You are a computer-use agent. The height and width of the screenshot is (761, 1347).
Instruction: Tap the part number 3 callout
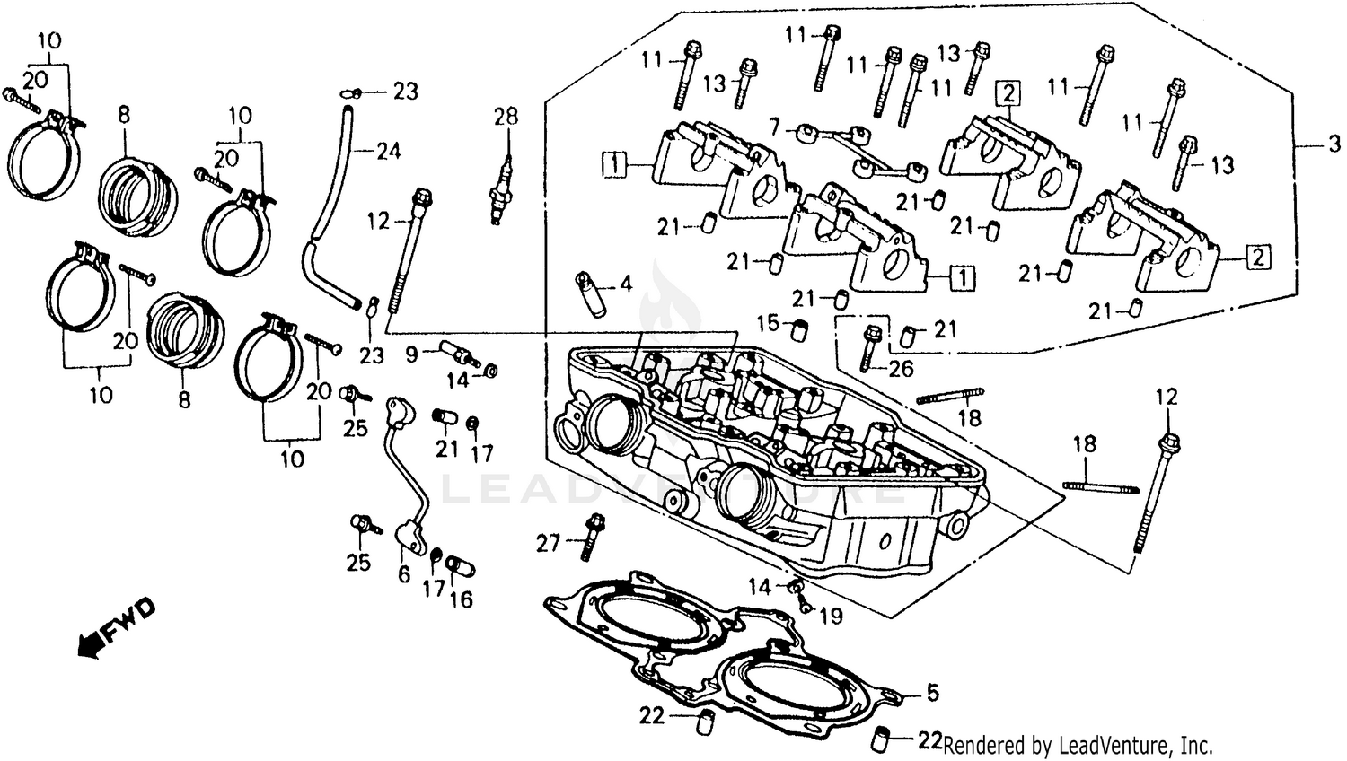coord(1334,144)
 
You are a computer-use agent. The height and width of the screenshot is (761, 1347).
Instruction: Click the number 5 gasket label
coord(933,692)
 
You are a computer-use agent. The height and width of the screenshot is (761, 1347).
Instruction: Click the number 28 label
coord(506,116)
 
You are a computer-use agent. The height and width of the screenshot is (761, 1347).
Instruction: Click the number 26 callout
coord(901,368)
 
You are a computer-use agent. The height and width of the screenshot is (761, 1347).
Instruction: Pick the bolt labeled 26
coord(869,349)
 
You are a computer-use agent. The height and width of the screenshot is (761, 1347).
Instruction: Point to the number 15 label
coord(768,322)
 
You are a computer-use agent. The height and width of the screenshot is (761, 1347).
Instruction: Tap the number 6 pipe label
coord(404,574)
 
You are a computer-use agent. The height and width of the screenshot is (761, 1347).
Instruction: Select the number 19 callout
coord(832,616)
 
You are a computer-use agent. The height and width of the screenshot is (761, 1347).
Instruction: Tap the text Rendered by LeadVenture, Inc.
coord(1078,745)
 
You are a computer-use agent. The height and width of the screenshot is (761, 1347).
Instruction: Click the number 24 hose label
coord(388,151)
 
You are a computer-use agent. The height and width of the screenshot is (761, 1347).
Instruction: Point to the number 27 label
coord(549,543)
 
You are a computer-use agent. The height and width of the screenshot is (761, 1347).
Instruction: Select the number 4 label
coord(626,284)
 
